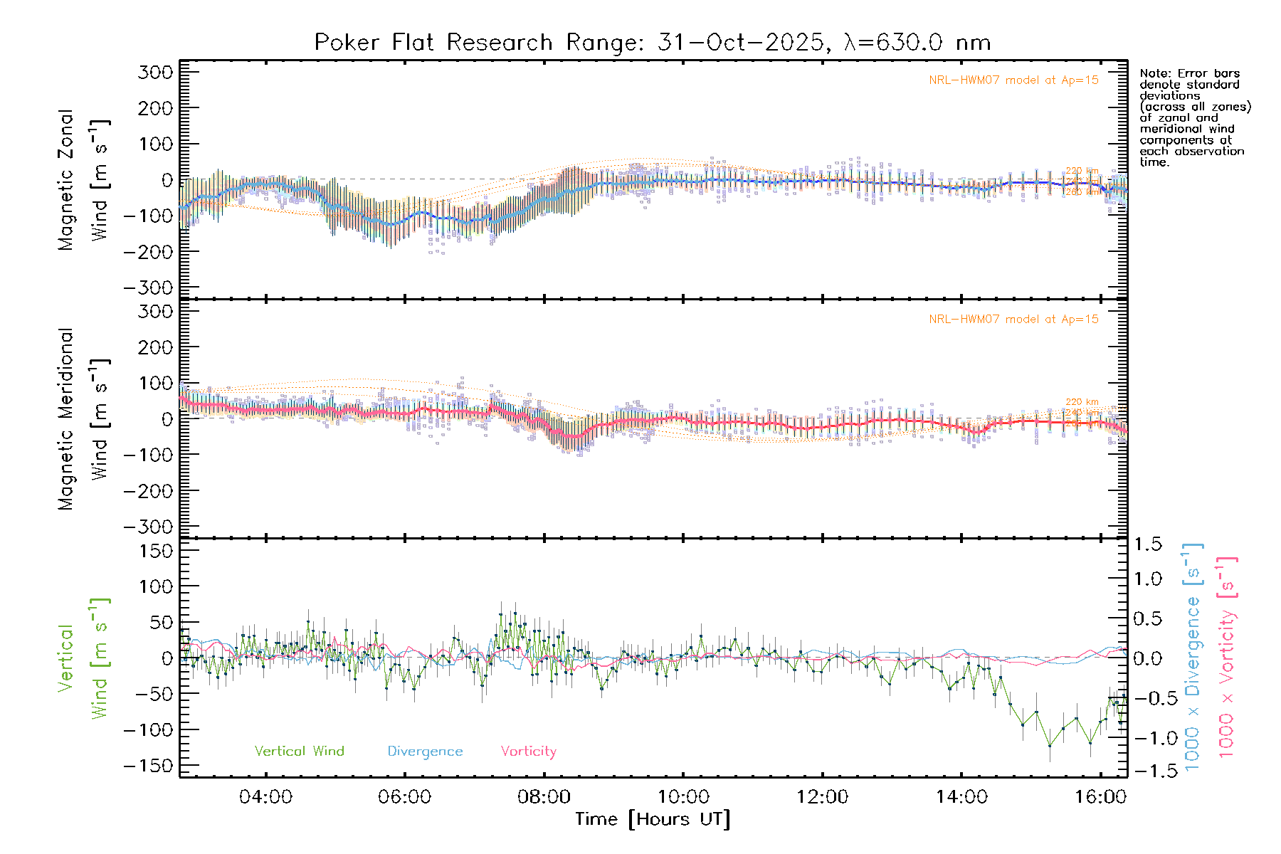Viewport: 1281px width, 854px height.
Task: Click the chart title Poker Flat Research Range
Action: (x=433, y=43)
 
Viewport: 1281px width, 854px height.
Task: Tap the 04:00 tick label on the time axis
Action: (x=265, y=797)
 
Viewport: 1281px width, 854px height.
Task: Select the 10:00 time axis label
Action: (x=683, y=797)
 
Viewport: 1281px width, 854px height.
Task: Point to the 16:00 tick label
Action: (x=1100, y=797)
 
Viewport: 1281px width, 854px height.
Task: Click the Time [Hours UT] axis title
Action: (x=653, y=819)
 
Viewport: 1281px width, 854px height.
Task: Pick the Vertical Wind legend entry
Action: (x=299, y=752)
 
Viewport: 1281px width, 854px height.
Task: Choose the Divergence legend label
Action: (x=425, y=752)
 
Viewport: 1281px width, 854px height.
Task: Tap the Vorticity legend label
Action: (x=528, y=752)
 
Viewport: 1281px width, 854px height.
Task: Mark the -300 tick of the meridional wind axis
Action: (x=149, y=527)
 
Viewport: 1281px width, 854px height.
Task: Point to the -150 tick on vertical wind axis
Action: (x=149, y=766)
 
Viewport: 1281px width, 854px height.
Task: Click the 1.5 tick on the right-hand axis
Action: (x=1148, y=544)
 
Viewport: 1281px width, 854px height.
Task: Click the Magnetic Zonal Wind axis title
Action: (x=84, y=179)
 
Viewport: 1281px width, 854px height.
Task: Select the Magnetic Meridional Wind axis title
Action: (x=84, y=418)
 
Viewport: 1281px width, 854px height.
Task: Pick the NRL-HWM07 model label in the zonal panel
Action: (x=1013, y=80)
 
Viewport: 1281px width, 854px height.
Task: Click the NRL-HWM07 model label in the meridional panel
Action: (x=1013, y=320)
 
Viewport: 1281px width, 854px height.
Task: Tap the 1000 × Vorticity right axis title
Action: (x=1227, y=656)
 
